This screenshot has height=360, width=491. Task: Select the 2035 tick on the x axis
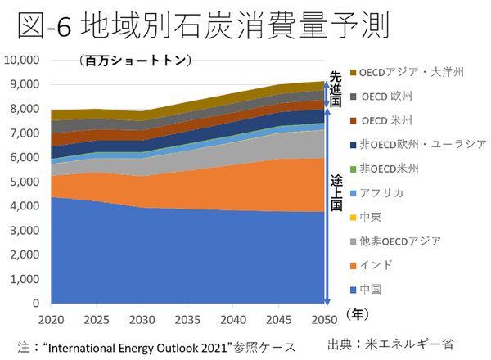coord(187,316)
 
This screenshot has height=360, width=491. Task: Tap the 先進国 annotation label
coord(334,88)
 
